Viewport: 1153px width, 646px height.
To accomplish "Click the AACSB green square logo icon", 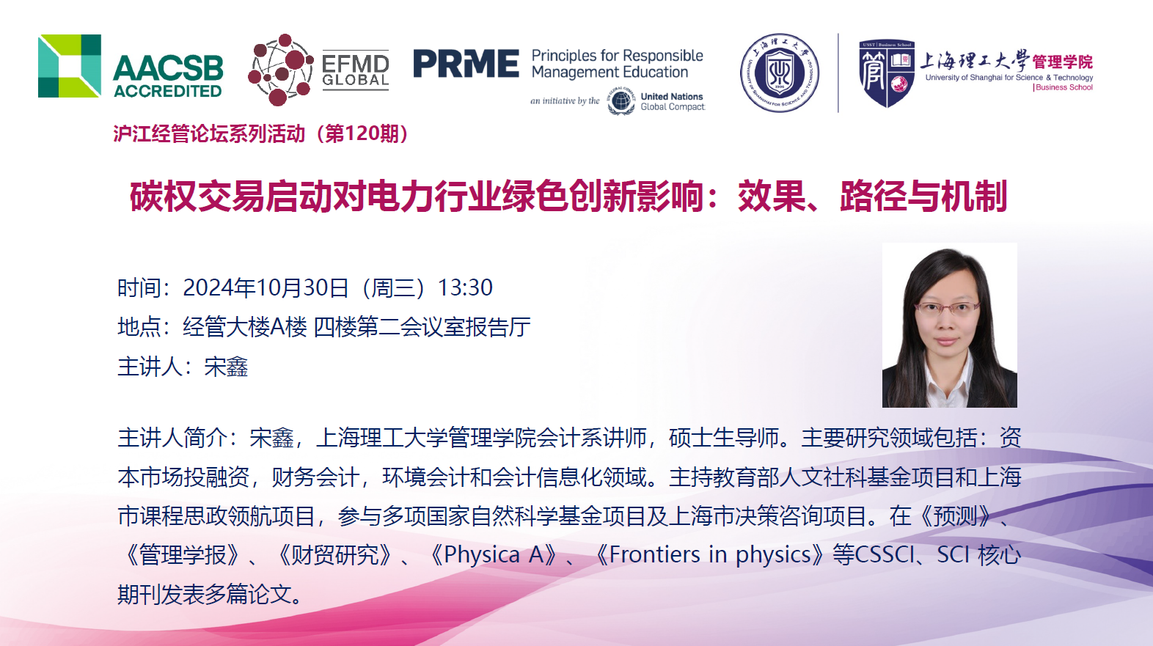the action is pos(70,66).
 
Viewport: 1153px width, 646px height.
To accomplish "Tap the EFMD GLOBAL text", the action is pos(355,70).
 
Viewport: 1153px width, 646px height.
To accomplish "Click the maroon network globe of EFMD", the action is pos(280,70).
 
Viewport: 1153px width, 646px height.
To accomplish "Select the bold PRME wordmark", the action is pos(466,63).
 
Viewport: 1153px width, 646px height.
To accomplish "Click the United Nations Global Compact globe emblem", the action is pos(621,101).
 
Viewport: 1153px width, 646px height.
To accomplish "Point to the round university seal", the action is pos(780,73).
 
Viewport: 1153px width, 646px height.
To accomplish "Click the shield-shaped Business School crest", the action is pos(886,73).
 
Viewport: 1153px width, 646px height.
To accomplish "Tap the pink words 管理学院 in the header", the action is pos(1062,62).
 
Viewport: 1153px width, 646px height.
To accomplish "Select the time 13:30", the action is pos(465,287).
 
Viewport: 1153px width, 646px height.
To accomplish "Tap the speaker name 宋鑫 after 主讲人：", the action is pos(226,367).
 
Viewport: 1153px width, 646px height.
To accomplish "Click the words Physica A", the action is pos(494,555).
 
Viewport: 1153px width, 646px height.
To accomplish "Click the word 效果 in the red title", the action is pos(771,196).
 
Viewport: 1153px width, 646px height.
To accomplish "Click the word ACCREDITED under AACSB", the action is pos(168,91).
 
